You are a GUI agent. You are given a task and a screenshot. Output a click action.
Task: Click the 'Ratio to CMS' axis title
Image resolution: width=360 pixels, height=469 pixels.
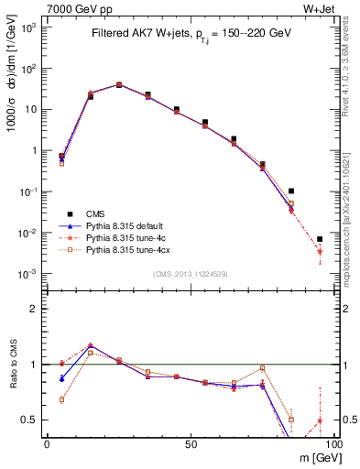click(x=13, y=367)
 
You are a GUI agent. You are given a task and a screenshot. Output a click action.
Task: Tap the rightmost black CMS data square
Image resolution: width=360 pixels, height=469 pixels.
click(x=320, y=239)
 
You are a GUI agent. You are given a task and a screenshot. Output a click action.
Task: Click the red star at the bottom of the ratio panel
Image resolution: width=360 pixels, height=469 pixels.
click(x=320, y=421)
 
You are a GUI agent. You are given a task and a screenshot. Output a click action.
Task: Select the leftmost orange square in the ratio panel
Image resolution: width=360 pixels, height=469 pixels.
click(x=61, y=399)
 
